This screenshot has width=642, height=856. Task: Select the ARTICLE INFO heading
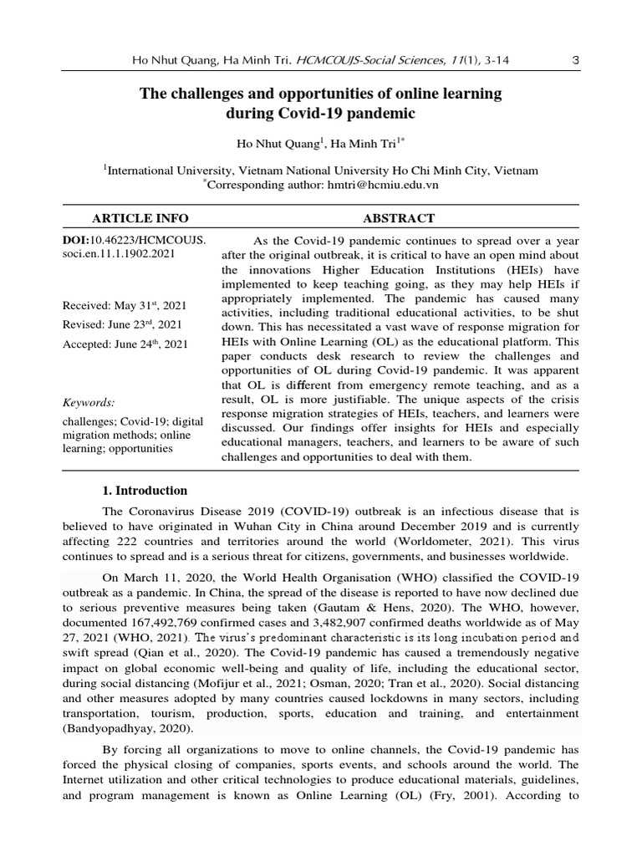[140, 218]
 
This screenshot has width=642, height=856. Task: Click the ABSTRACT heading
[399, 218]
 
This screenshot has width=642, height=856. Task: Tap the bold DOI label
[81, 240]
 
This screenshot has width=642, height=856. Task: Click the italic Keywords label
[89, 402]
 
